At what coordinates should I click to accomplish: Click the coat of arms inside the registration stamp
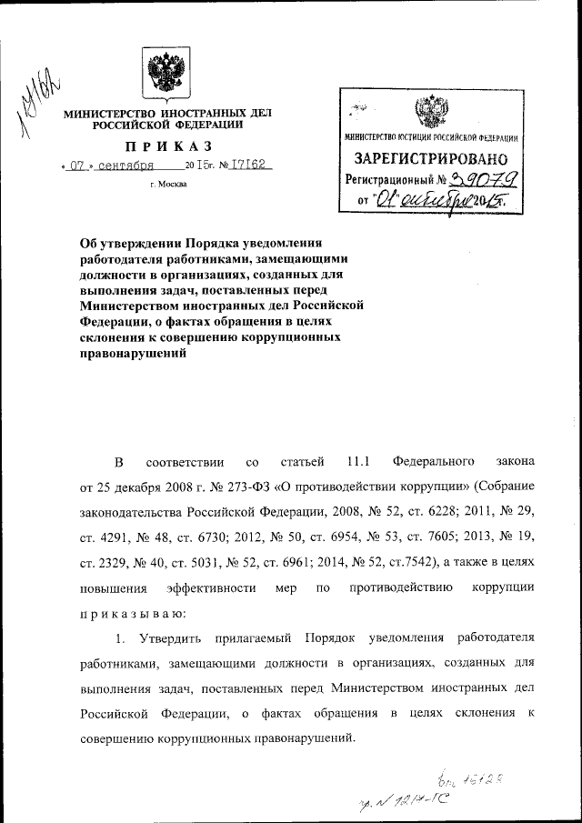[429, 114]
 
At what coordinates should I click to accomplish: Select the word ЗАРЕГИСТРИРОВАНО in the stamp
[429, 159]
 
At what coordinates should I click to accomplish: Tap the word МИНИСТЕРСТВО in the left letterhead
[106, 114]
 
